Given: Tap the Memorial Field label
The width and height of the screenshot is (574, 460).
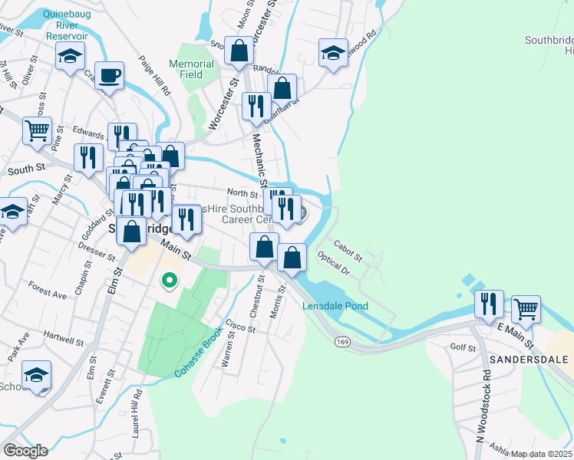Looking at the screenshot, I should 191,69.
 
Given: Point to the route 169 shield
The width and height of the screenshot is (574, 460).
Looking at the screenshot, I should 339,340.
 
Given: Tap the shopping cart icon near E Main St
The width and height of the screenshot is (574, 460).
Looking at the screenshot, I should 526,310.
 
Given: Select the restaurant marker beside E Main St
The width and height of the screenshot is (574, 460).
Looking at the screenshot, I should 489,304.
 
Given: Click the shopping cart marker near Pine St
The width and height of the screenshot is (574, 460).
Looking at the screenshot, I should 37,132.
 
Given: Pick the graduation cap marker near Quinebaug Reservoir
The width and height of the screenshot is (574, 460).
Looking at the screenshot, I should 70,56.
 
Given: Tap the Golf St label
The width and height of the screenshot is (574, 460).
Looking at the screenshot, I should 463,347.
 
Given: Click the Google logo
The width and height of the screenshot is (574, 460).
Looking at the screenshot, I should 25,451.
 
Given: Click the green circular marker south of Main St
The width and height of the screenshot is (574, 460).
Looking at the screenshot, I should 169,281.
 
